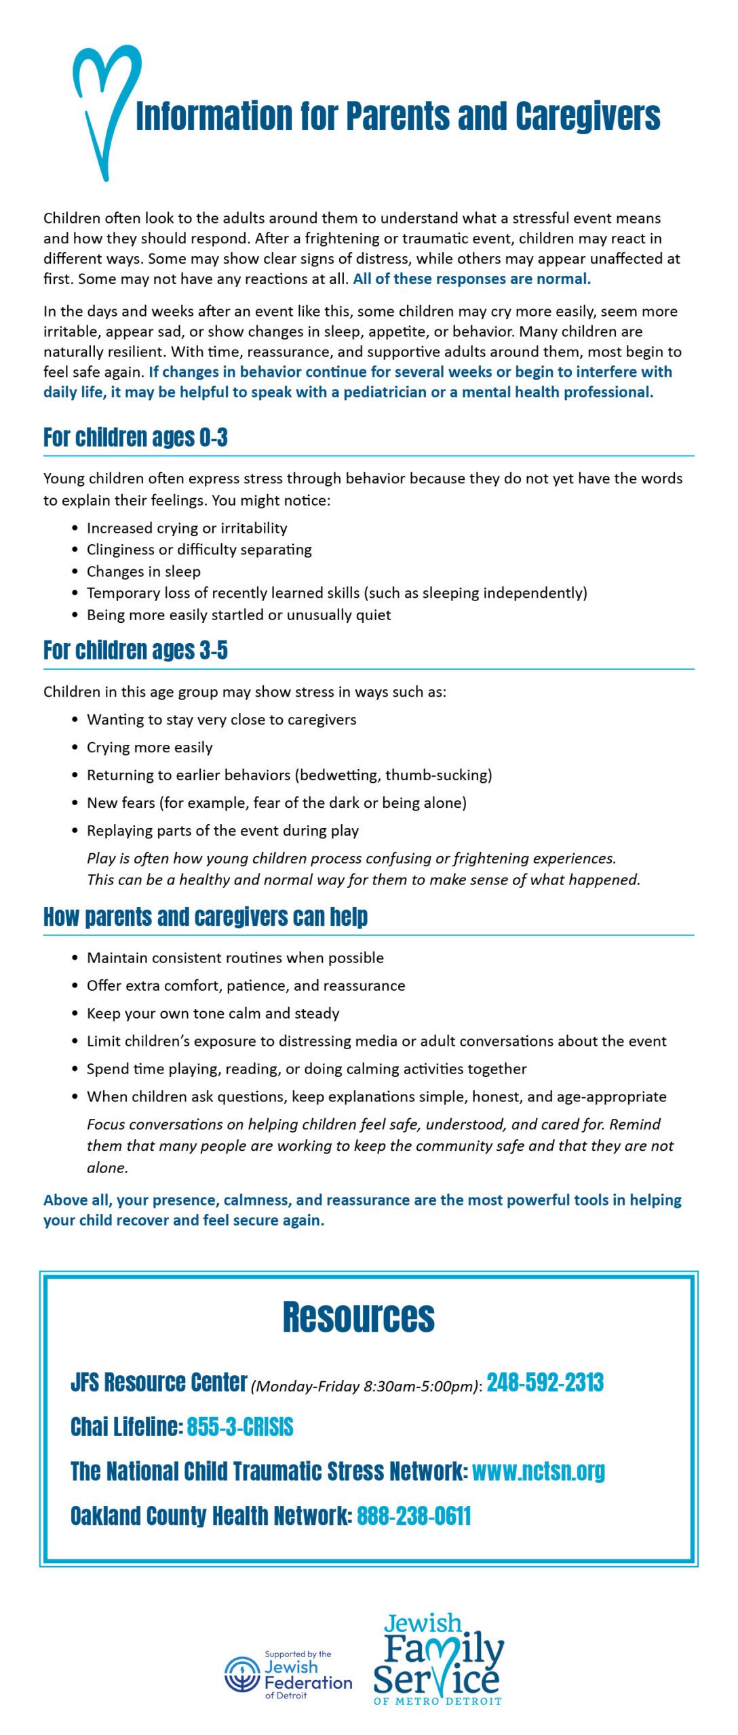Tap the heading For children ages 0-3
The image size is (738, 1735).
coord(135,438)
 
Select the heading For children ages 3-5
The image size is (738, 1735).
coord(135,651)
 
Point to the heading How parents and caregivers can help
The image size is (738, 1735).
coord(205,917)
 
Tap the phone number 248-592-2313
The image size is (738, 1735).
coord(545,1383)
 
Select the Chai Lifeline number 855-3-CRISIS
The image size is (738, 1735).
coord(240,1427)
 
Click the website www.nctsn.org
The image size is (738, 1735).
coord(538,1471)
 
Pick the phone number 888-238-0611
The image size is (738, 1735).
coord(414,1516)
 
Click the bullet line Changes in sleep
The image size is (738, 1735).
coord(143,571)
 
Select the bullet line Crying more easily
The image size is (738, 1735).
coord(149,748)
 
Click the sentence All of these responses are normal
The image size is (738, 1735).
coord(471,279)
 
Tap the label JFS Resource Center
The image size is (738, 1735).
coord(159,1383)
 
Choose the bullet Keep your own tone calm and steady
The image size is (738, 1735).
coord(213,1013)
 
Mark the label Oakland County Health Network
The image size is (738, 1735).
coord(210,1516)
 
